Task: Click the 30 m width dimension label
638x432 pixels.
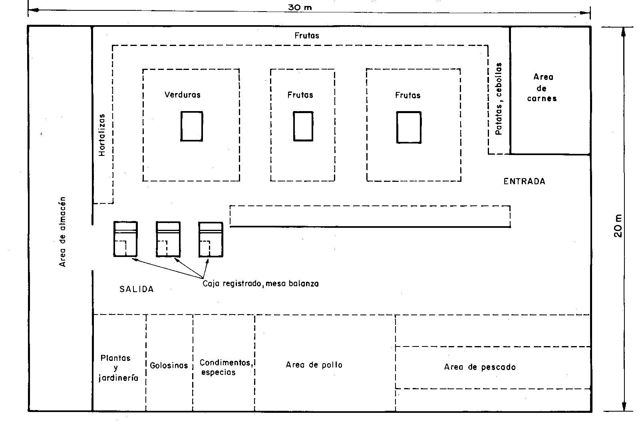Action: tap(300, 8)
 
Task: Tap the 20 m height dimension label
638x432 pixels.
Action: tap(618, 225)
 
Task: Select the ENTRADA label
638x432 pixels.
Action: tap(524, 181)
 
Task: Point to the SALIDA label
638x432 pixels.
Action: tap(137, 289)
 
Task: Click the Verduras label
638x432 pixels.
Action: tap(183, 95)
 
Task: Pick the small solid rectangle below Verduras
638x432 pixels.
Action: tap(192, 126)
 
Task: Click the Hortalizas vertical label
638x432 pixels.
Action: tap(102, 135)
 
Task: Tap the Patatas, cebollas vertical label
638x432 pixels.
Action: tap(499, 99)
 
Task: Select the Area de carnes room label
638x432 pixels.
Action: tap(543, 88)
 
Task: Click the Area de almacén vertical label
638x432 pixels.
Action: tap(62, 232)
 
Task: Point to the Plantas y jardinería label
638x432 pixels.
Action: tap(118, 368)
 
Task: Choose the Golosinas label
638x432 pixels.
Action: tap(169, 365)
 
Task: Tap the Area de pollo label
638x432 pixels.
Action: tap(314, 364)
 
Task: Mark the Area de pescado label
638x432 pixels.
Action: tap(480, 367)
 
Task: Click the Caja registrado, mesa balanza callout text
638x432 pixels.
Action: tap(260, 284)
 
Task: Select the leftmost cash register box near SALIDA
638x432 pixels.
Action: tap(125, 239)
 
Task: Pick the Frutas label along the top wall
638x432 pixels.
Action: tap(307, 36)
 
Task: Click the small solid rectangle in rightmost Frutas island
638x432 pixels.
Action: tap(409, 127)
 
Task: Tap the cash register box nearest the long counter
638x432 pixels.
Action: tap(211, 239)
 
